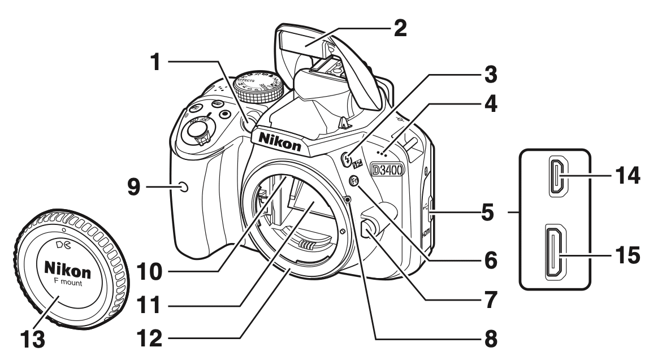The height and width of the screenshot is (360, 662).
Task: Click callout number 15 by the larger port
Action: tap(628, 255)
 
